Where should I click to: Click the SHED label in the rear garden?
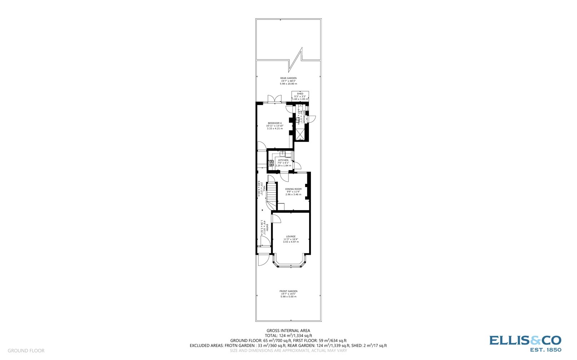click(300, 94)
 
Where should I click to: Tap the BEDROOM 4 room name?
click(275, 123)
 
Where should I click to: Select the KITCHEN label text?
click(283, 160)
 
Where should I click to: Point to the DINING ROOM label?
click(293, 189)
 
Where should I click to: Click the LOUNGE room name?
click(291, 236)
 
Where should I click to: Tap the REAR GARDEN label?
click(288, 78)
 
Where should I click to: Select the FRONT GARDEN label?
click(288, 291)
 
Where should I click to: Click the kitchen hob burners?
click(272, 163)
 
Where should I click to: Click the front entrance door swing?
click(264, 259)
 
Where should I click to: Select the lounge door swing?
click(276, 218)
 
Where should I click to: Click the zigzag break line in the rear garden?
click(297, 59)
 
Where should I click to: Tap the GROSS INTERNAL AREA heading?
click(288, 330)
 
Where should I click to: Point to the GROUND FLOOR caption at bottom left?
click(26, 351)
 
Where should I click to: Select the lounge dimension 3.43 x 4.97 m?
click(291, 242)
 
